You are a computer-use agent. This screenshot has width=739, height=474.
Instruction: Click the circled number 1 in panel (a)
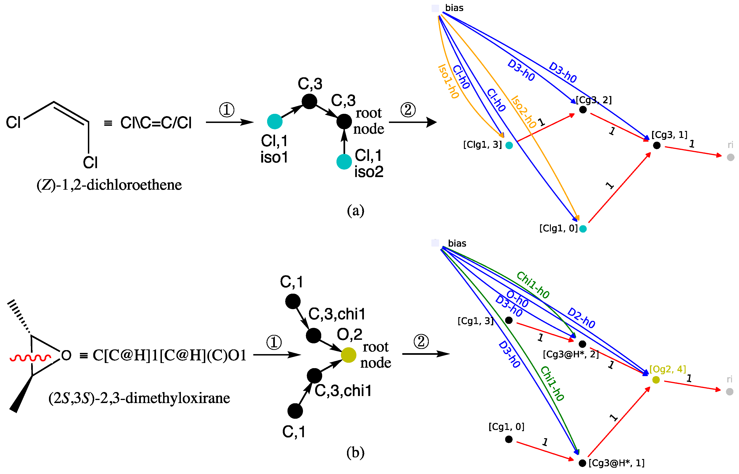(x=227, y=110)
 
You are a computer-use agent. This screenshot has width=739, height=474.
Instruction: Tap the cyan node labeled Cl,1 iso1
(x=275, y=121)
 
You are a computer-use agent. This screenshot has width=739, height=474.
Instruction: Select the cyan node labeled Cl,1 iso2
(x=344, y=162)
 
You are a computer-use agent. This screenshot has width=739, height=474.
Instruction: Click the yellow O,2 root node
(x=349, y=355)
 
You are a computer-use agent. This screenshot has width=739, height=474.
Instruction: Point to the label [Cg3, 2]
(x=594, y=100)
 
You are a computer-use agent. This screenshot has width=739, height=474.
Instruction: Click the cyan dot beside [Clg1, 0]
(x=583, y=229)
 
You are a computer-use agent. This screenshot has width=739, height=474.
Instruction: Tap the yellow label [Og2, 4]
(x=668, y=369)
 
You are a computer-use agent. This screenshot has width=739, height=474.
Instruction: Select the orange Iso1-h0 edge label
(x=448, y=81)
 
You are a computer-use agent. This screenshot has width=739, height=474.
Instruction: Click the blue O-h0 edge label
(x=517, y=299)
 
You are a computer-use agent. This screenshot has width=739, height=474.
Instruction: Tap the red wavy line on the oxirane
(x=30, y=358)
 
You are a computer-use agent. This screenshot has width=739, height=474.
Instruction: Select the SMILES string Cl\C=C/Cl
(x=156, y=123)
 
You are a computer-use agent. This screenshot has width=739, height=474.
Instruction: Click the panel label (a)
(x=356, y=211)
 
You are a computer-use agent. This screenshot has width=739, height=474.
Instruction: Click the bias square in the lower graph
(x=435, y=243)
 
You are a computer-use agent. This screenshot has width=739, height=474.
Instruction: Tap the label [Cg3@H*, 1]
(x=616, y=463)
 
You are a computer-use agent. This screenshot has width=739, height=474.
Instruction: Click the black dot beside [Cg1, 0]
(x=509, y=439)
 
